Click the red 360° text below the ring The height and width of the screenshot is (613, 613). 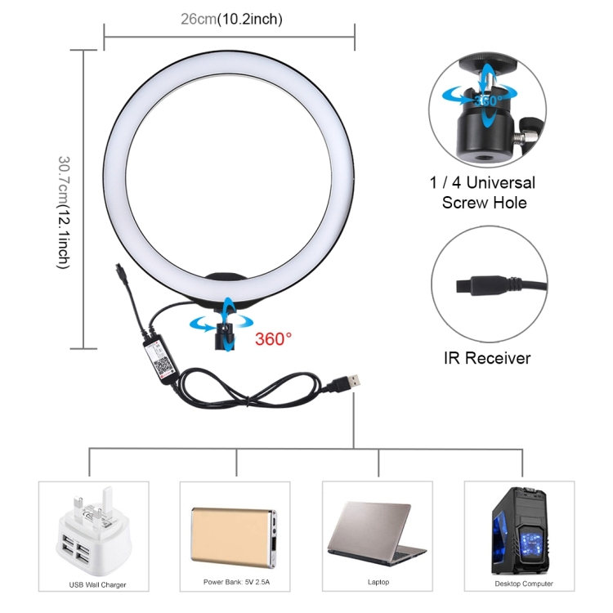[x=273, y=338]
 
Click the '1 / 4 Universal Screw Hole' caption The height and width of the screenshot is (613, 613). [x=489, y=192]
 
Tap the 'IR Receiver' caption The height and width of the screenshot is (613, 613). [x=488, y=358]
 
